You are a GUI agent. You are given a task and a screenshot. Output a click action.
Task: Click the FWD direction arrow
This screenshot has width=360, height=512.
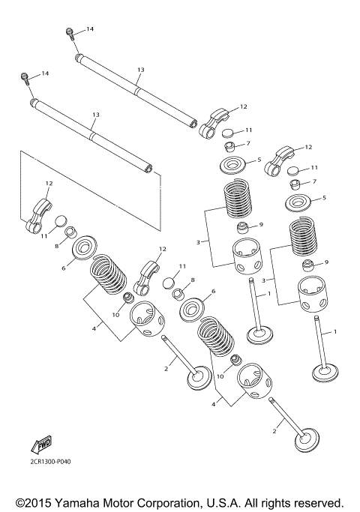coord(41,445)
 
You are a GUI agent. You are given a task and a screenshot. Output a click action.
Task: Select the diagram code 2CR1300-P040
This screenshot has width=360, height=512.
coord(49,461)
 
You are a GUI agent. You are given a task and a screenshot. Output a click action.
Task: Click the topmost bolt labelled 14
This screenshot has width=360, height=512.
coord(71,34)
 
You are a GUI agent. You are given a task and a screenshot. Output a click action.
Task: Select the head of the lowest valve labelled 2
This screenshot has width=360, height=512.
coord(307,442)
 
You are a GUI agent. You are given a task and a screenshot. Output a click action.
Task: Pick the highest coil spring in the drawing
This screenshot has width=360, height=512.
coord(238,200)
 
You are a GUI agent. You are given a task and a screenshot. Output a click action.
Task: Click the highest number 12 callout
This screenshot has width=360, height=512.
coord(244,106)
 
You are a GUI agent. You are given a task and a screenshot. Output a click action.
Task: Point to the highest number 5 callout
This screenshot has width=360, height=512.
coord(259,160)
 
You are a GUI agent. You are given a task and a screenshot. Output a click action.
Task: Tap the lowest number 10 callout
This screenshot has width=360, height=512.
coord(220,376)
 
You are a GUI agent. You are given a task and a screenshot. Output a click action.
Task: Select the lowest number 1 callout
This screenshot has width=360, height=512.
coord(334,331)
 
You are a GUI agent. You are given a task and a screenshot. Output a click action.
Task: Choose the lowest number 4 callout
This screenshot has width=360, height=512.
coord(214,404)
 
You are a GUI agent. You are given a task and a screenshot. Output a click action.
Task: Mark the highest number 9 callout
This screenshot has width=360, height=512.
coord(261,224)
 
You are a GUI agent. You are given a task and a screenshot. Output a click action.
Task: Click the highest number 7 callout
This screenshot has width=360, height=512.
coord(248,143)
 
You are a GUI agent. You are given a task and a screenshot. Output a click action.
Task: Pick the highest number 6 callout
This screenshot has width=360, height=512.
coord(64,268)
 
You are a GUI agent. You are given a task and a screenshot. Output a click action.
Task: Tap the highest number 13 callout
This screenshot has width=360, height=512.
coord(140,70)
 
